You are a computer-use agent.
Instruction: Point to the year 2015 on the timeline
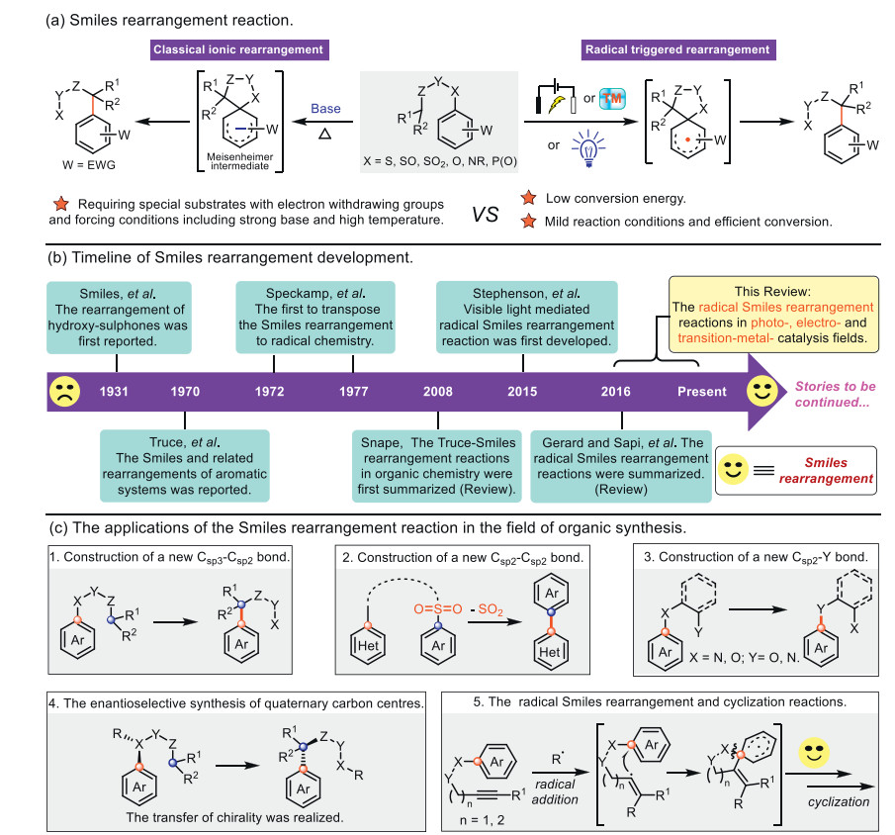click(x=521, y=392)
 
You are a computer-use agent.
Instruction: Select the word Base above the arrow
click(x=326, y=108)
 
